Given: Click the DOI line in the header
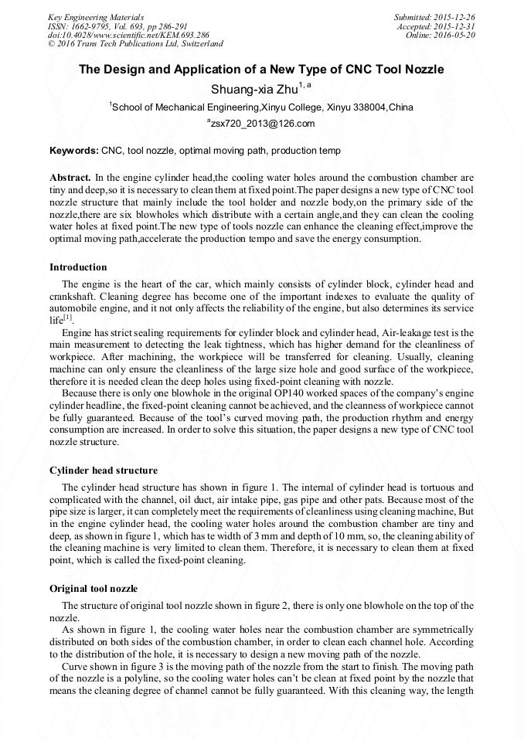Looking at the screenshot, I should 128,35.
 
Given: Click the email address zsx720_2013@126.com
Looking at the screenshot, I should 264,124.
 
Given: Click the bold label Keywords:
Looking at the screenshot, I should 74,151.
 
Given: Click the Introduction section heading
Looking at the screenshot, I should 78,267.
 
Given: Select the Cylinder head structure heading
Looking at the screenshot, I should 104,470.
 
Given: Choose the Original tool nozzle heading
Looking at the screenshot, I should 94,589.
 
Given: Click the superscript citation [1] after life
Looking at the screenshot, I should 68,318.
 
